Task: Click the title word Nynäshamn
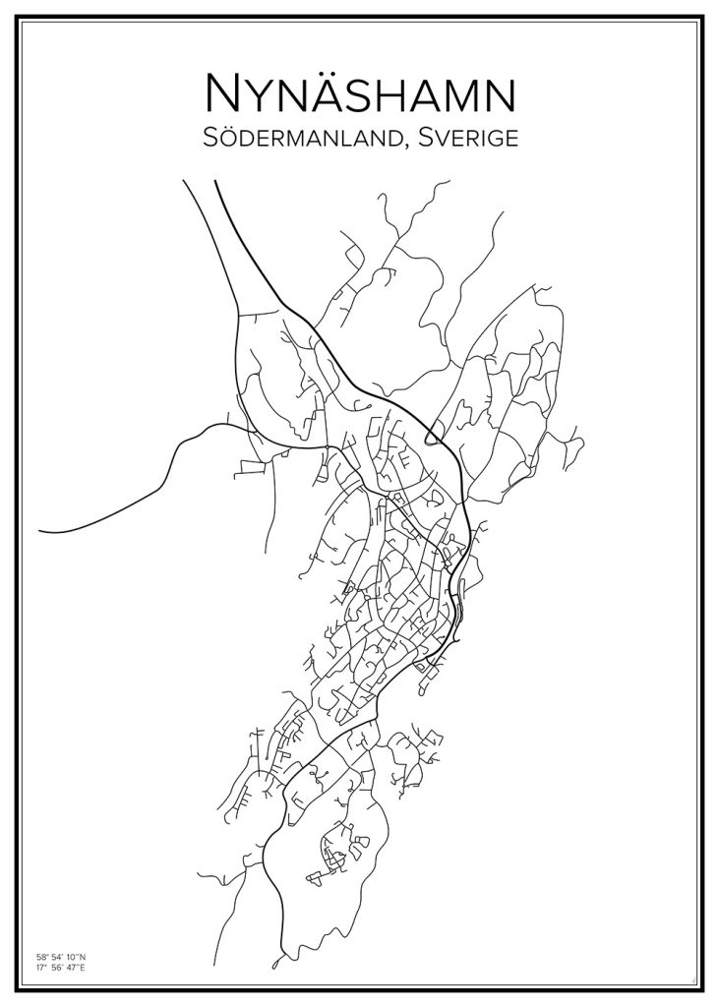359,94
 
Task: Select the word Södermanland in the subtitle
301,140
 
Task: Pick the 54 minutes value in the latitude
54,956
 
